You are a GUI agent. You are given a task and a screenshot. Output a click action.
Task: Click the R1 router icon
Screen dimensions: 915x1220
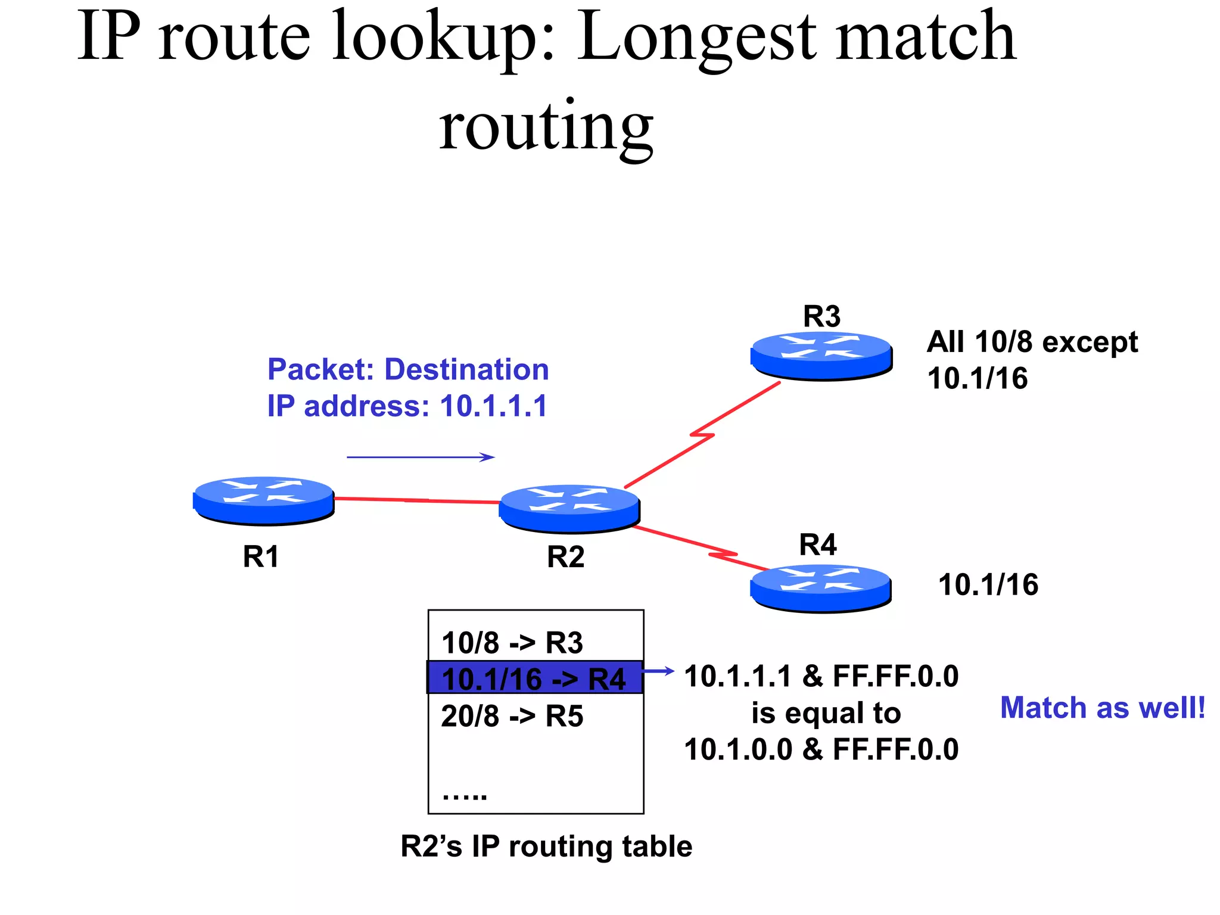click(x=263, y=500)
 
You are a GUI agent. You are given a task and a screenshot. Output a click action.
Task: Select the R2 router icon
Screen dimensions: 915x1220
click(x=569, y=508)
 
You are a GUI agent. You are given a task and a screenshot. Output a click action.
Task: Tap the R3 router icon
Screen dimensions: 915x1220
click(x=821, y=355)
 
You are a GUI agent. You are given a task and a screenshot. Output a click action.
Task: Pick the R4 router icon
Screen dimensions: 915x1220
click(x=821, y=587)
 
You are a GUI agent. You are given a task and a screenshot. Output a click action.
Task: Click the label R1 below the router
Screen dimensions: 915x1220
click(x=261, y=557)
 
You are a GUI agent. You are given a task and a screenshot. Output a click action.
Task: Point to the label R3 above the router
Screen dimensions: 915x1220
click(x=821, y=316)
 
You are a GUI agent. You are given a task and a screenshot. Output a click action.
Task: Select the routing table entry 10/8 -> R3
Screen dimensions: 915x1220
click(x=512, y=643)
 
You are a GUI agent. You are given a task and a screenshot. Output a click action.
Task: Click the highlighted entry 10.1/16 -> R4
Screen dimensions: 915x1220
click(x=534, y=679)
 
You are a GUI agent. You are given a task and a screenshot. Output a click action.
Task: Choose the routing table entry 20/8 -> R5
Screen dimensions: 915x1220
click(x=512, y=715)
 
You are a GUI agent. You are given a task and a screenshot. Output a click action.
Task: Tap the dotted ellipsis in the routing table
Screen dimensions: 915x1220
click(x=465, y=794)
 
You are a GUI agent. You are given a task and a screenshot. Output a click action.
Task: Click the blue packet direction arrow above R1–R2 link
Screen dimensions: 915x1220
click(x=421, y=457)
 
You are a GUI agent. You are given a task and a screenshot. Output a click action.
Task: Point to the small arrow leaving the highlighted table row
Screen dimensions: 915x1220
click(x=659, y=671)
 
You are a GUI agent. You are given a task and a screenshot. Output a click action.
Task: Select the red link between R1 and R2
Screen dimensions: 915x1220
click(x=416, y=500)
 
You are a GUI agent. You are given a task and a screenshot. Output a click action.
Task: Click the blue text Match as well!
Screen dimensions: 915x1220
click(x=1103, y=708)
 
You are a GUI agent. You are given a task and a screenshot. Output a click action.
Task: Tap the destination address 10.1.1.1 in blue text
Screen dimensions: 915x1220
click(x=493, y=406)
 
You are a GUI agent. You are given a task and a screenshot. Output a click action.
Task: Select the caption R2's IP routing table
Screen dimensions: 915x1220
click(x=546, y=846)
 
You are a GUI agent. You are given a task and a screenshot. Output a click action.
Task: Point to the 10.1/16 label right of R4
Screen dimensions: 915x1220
click(x=988, y=584)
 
